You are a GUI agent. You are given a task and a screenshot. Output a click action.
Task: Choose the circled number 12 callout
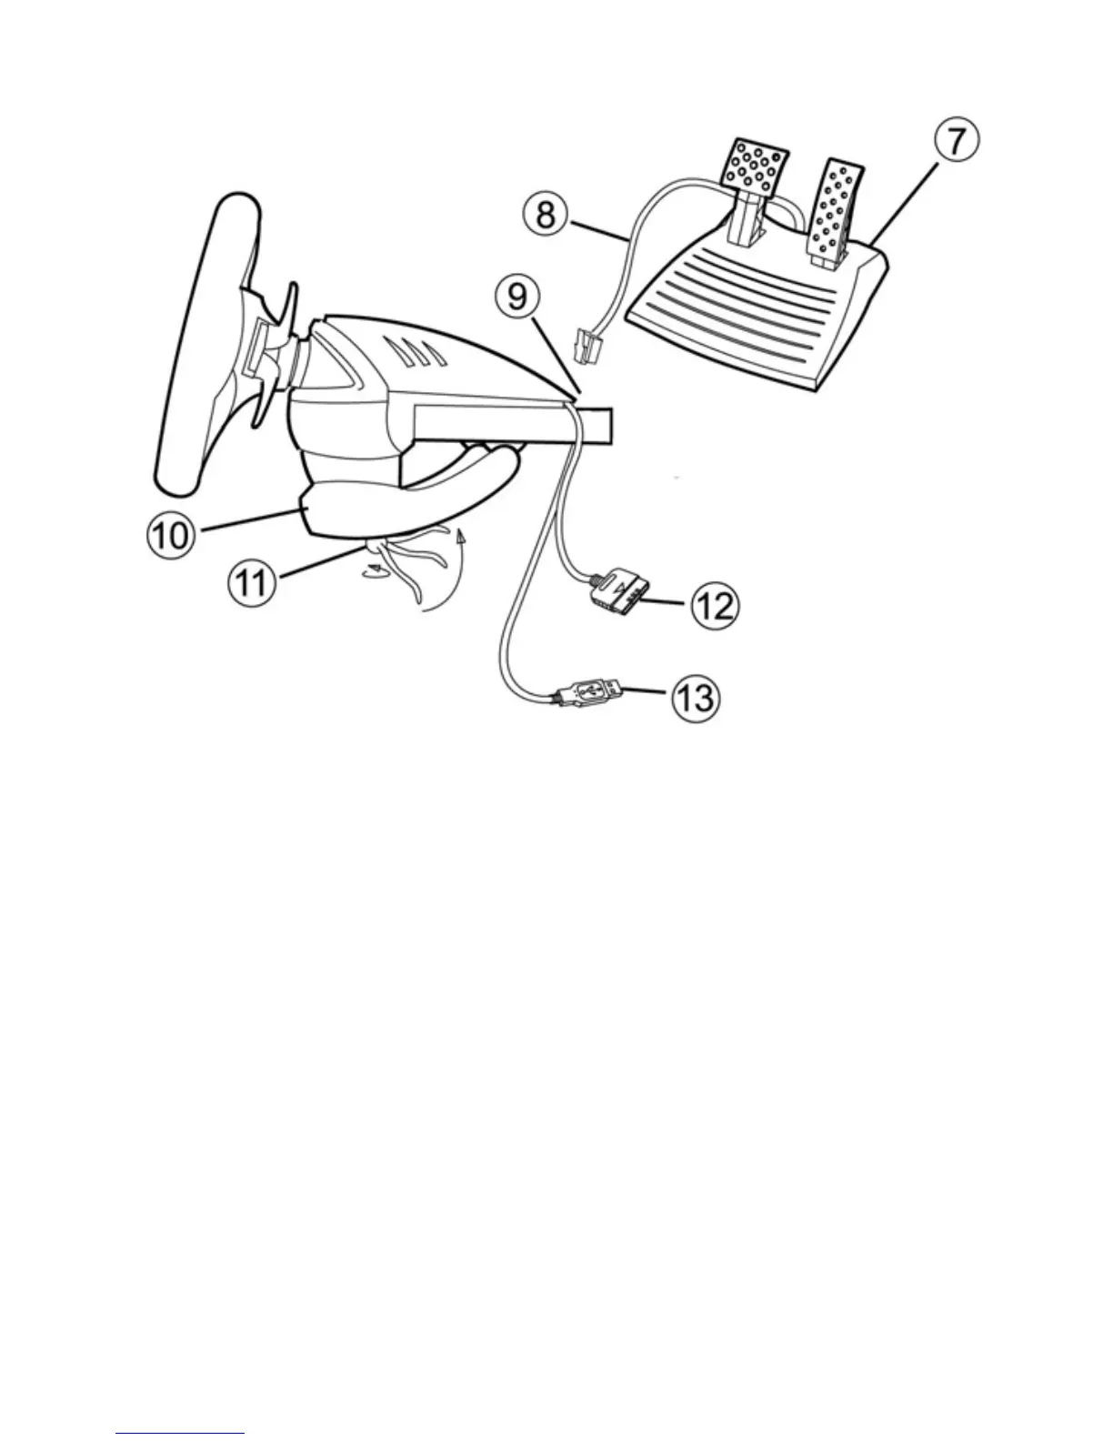(x=715, y=605)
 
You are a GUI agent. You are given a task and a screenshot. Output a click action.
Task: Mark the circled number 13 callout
(x=696, y=700)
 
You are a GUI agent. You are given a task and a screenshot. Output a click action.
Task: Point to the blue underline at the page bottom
(x=180, y=1434)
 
